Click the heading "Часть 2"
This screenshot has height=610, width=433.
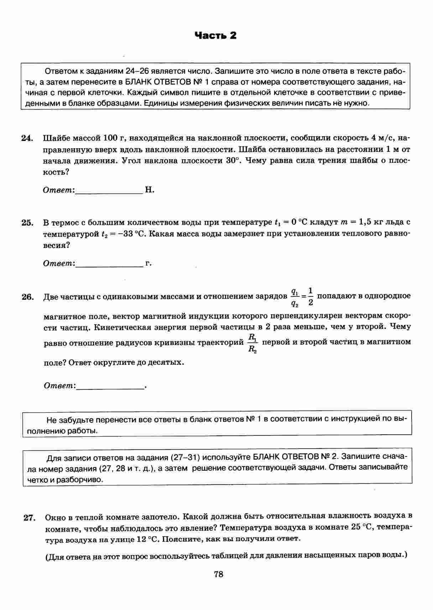click(215, 35)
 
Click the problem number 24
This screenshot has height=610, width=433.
click(27, 138)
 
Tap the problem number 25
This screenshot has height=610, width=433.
click(27, 223)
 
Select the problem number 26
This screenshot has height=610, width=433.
click(27, 297)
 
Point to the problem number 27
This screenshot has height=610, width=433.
click(29, 518)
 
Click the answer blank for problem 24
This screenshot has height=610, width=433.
click(109, 190)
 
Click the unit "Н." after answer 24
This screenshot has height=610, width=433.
click(150, 190)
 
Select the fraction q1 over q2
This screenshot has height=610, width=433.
click(294, 297)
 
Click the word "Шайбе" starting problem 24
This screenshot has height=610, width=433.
click(56, 138)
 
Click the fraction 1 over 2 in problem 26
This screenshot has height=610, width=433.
click(311, 297)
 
